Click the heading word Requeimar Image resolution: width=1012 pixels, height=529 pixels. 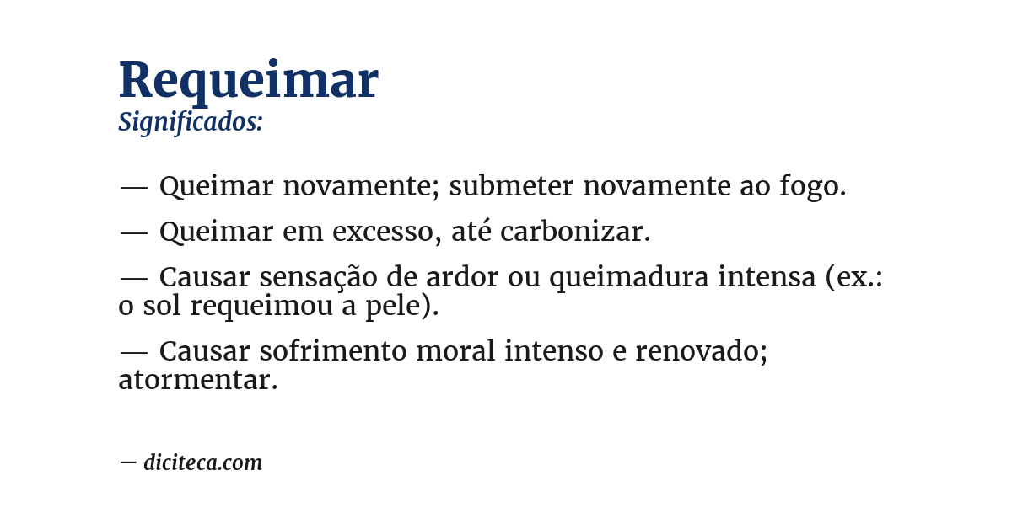coord(248,81)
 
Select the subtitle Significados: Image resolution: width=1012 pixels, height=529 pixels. coord(191,122)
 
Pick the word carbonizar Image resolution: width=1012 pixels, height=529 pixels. coord(574,232)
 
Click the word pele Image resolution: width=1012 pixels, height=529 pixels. coord(404,306)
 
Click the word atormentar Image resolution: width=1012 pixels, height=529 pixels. coord(197,380)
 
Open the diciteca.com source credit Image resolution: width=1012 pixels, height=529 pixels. coord(202,462)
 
